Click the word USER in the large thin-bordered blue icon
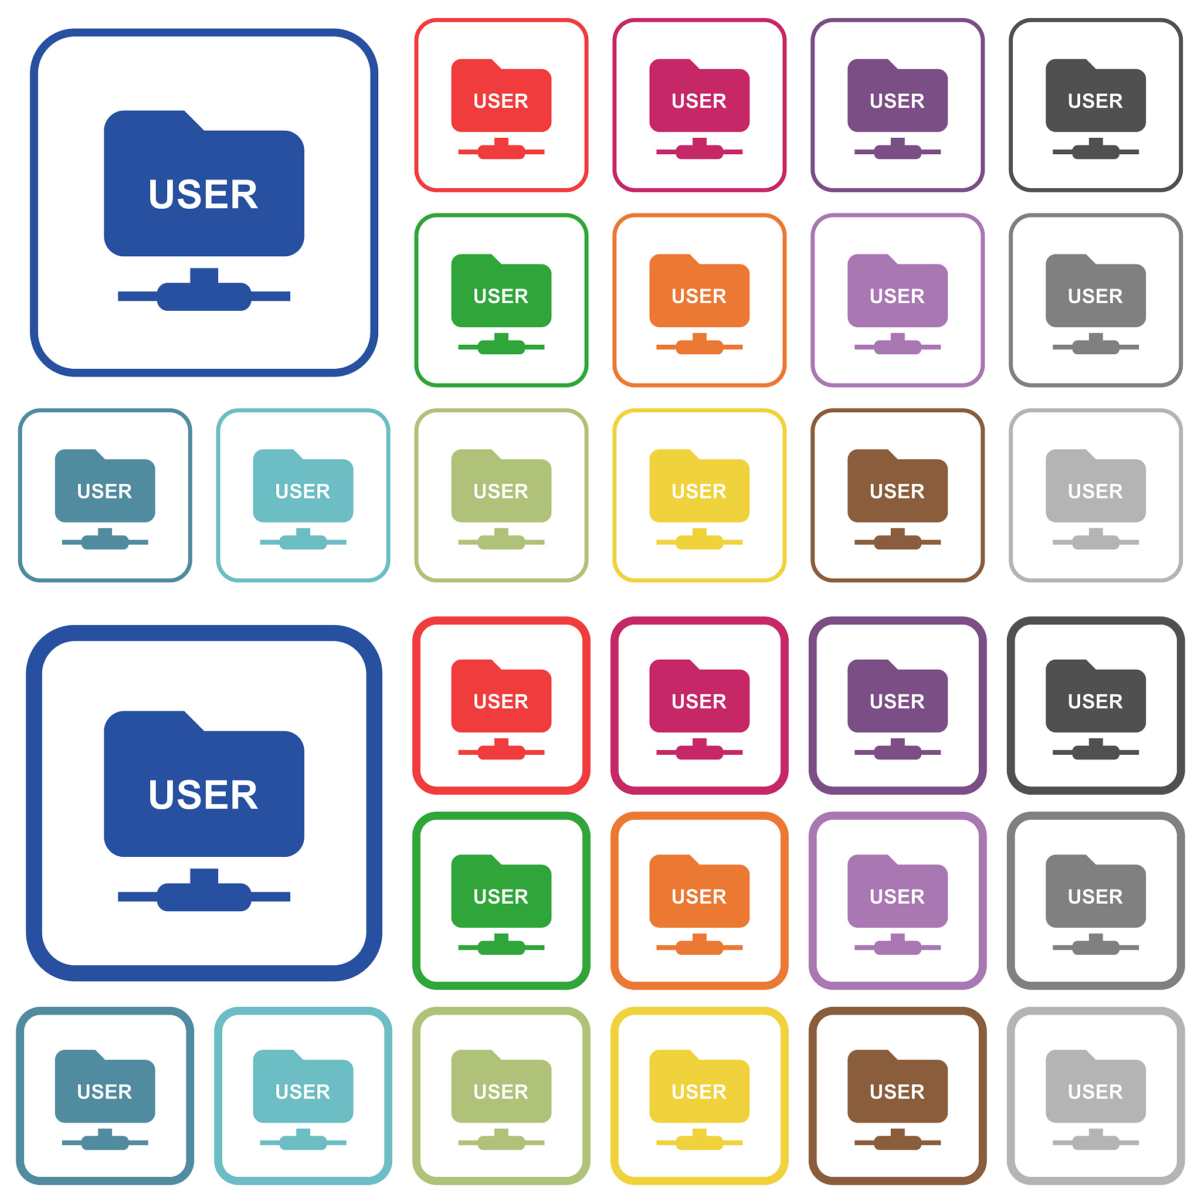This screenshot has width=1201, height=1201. [203, 195]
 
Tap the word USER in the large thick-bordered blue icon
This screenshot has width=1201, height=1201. [203, 795]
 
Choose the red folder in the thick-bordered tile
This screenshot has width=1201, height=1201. [501, 696]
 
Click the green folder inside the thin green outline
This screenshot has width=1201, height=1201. [501, 290]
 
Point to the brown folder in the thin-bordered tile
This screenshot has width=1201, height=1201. [897, 486]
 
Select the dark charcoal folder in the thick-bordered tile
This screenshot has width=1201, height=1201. [1095, 696]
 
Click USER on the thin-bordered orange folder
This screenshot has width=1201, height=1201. [700, 297]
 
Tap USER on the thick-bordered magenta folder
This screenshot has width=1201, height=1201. [700, 702]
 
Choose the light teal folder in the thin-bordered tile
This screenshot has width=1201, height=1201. [303, 486]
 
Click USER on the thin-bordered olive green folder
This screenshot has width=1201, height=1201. [501, 491]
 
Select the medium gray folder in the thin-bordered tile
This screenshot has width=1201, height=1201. [1095, 290]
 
